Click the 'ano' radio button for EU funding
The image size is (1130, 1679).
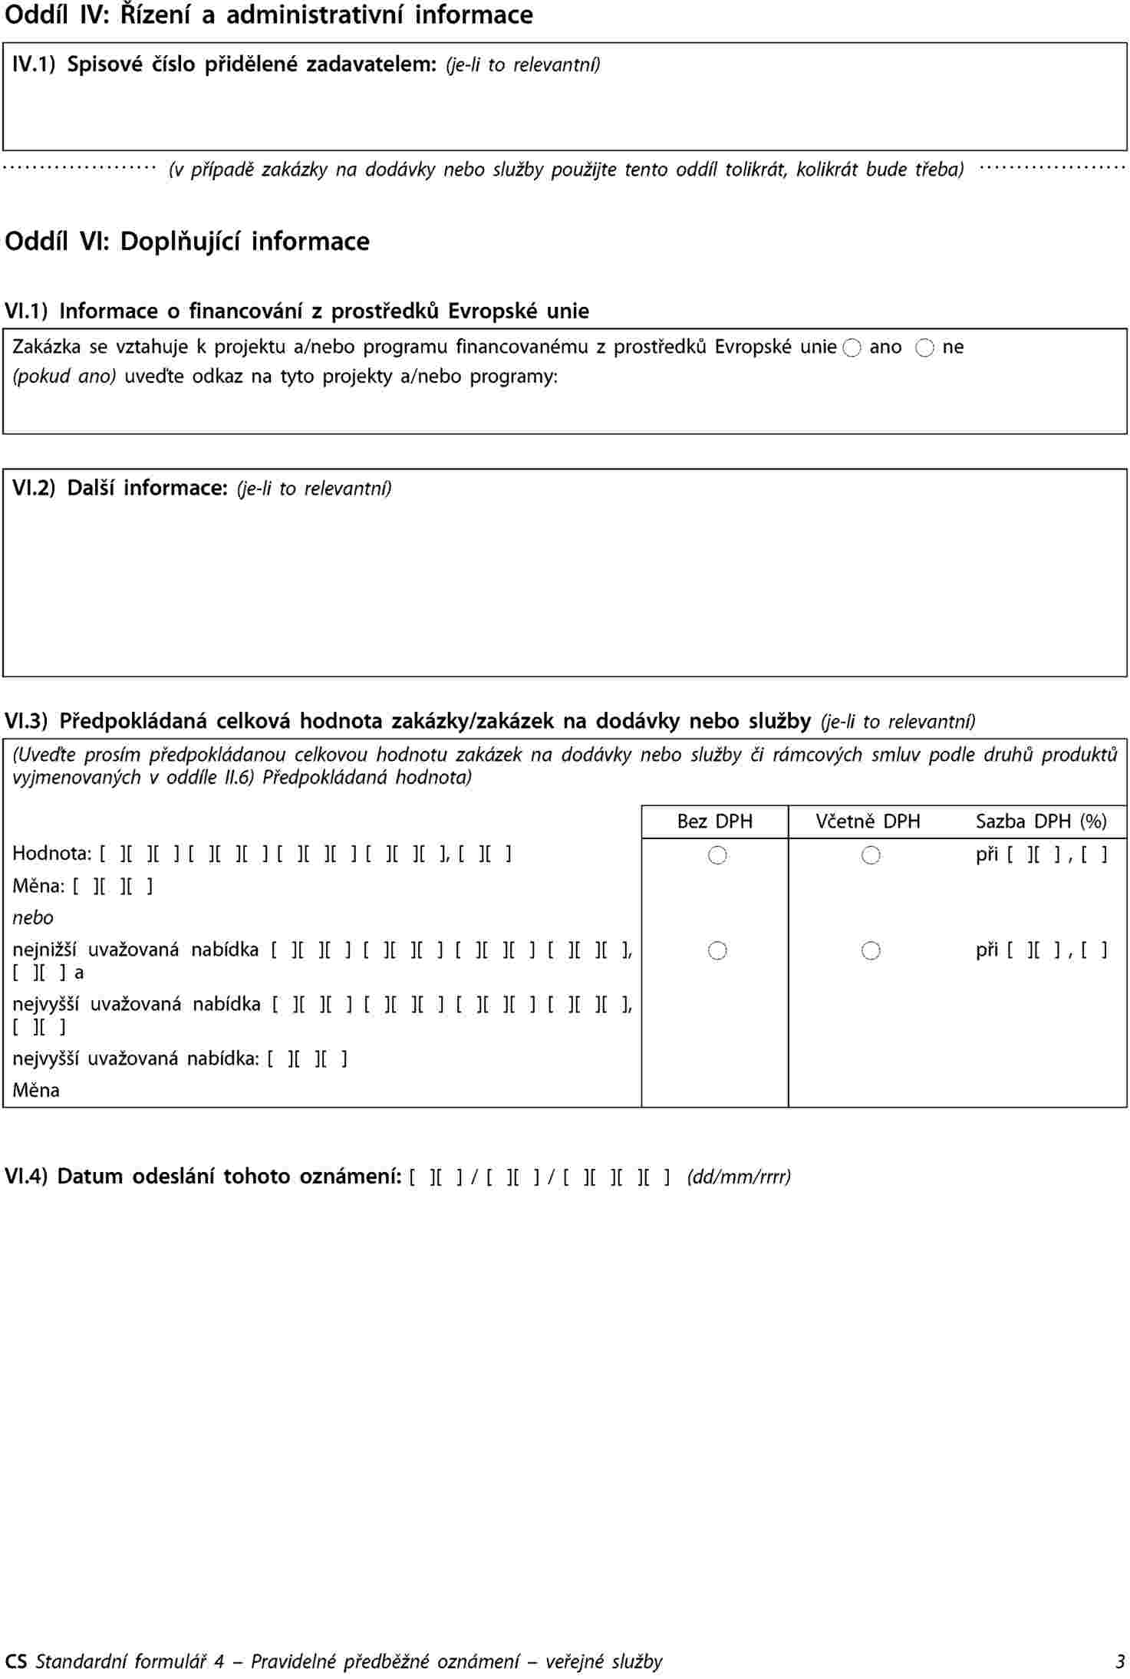(852, 348)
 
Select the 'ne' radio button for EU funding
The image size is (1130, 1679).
(924, 348)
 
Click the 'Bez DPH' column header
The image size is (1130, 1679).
(714, 821)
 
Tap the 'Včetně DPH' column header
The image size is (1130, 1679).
(868, 821)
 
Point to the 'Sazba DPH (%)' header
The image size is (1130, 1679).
(1040, 821)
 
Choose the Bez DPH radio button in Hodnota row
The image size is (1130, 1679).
(717, 855)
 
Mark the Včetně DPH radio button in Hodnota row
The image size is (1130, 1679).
(870, 855)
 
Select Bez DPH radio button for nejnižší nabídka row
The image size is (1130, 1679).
(717, 951)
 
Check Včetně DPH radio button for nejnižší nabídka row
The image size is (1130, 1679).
(870, 951)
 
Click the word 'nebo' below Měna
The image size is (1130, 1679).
(33, 918)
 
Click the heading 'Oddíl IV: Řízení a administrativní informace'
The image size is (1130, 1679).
(268, 15)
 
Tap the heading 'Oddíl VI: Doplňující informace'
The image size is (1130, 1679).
(187, 242)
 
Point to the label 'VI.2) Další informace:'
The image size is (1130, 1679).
(120, 488)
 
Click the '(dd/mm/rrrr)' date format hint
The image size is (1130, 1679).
(738, 1177)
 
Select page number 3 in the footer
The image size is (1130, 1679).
(1120, 1661)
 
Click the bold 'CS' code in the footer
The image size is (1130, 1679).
(15, 1661)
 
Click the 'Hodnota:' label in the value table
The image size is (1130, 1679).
(51, 854)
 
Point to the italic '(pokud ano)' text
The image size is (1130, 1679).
(64, 377)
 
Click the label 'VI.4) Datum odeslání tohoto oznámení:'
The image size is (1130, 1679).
(203, 1177)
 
